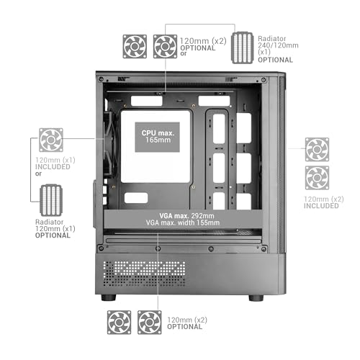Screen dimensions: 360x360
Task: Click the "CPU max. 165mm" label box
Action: (158, 137)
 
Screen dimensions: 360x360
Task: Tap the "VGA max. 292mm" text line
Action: (186, 216)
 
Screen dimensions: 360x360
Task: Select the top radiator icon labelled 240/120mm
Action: (243, 48)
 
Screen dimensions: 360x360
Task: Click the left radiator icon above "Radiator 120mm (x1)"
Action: (51, 200)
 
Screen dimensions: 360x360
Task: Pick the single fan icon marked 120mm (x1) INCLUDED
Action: (51, 140)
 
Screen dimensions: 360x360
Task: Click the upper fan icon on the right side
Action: (317, 150)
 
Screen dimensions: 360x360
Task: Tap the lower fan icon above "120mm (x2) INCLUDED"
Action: (317, 178)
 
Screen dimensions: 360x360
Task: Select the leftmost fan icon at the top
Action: (135, 47)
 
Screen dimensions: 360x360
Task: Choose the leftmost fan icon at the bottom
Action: (119, 323)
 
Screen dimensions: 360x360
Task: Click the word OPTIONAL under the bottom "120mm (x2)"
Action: (184, 327)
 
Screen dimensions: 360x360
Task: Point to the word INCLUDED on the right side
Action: (321, 206)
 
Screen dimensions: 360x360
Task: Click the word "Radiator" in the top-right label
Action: (272, 39)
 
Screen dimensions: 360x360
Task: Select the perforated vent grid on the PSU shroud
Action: (144, 274)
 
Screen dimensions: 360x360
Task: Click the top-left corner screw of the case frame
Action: (101, 79)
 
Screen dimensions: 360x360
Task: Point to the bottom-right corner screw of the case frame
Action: (264, 248)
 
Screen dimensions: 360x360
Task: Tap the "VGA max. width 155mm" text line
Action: (183, 222)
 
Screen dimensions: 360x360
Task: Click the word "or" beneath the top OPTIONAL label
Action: (184, 54)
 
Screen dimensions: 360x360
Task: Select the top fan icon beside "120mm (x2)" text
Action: (165, 47)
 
